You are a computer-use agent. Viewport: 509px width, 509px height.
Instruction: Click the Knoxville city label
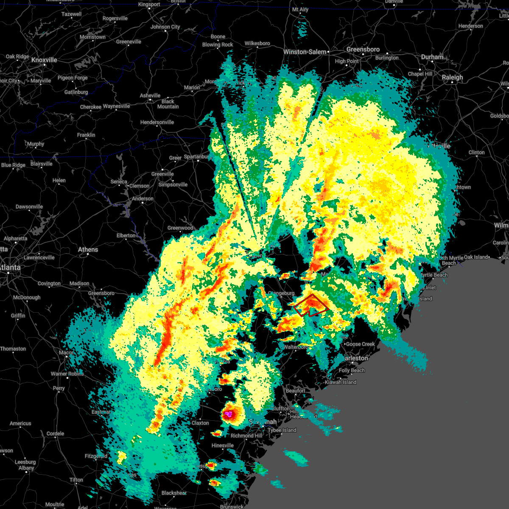[x=44, y=60]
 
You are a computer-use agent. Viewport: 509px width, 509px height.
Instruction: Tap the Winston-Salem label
[x=305, y=52]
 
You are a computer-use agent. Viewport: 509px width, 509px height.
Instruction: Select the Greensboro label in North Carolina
[x=363, y=50]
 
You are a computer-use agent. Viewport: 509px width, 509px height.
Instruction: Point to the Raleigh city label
[x=453, y=78]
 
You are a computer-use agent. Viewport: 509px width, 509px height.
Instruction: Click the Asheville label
[x=150, y=96]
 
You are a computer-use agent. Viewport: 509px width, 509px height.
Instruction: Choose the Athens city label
[x=88, y=249]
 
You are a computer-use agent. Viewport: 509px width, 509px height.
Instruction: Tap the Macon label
[x=66, y=352]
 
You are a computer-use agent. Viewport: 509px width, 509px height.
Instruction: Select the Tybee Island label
[x=282, y=430]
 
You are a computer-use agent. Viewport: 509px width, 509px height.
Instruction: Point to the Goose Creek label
[x=361, y=344]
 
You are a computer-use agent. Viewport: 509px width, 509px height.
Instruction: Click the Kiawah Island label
[x=341, y=382]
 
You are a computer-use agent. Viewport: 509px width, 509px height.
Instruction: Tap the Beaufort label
[x=296, y=391]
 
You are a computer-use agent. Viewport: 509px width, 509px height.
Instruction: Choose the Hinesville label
[x=223, y=445]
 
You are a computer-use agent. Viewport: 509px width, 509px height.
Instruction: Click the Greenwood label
[x=180, y=228]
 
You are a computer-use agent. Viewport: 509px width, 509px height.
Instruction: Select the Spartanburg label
[x=197, y=157]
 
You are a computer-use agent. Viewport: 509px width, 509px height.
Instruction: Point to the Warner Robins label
[x=67, y=374]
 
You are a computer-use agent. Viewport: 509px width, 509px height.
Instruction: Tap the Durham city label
[x=432, y=57]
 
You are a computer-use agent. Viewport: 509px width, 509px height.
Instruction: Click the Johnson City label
[x=165, y=27]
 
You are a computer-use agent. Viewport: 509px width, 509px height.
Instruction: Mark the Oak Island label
[x=476, y=257]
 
